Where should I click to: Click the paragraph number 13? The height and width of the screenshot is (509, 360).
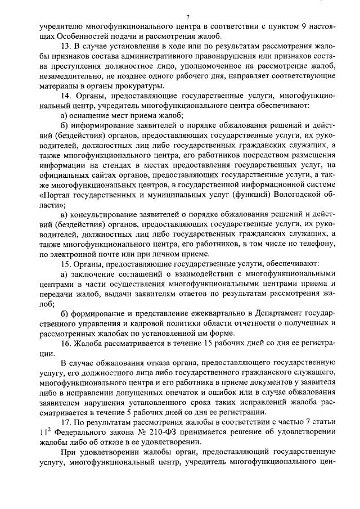(66, 46)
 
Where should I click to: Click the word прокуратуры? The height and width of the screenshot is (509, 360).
(139, 86)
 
